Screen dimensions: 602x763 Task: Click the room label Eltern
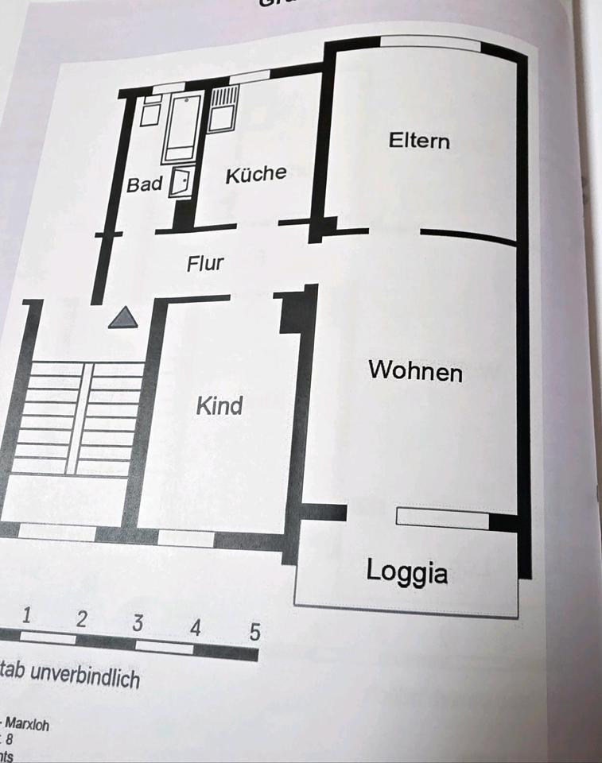[419, 141]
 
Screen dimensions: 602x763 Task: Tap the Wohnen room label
[414, 371]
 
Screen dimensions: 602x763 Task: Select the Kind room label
[219, 406]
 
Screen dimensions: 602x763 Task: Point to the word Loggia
[406, 571]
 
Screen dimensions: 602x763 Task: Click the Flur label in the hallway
[205, 263]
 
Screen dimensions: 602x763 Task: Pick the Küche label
[255, 175]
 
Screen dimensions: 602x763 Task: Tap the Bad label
[145, 184]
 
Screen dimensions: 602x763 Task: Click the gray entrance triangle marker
[123, 318]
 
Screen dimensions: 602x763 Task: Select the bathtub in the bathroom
[183, 127]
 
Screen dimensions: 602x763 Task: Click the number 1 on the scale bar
[28, 614]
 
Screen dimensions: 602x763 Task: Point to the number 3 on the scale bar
[138, 623]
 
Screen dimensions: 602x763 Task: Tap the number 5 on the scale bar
[254, 633]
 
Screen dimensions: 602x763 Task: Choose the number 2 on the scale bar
[81, 619]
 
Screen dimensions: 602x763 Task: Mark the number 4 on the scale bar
[196, 628]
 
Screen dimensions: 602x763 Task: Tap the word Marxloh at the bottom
[29, 725]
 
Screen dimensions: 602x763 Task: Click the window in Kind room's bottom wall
[185, 538]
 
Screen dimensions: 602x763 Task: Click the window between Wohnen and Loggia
[442, 518]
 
